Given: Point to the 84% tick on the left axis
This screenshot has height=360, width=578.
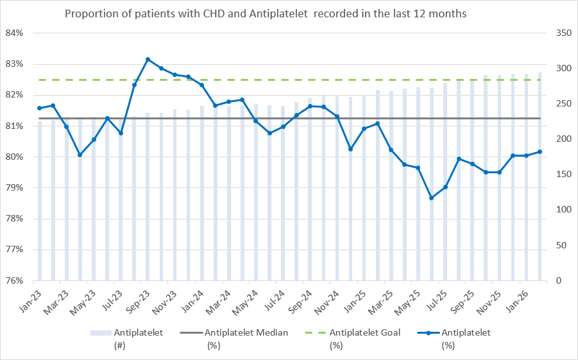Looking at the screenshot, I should pyautogui.click(x=14, y=33).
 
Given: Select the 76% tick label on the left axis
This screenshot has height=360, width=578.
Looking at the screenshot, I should pyautogui.click(x=14, y=280).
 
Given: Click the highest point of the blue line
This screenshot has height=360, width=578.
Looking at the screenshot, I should pyautogui.click(x=148, y=60).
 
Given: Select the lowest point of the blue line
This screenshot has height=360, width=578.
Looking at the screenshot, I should pyautogui.click(x=431, y=198).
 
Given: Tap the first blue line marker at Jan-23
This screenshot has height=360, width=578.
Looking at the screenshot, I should pyautogui.click(x=39, y=108).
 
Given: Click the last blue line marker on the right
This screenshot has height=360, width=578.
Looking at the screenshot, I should pyautogui.click(x=540, y=151).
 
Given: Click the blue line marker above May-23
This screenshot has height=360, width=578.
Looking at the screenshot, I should pyautogui.click(x=94, y=139).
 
